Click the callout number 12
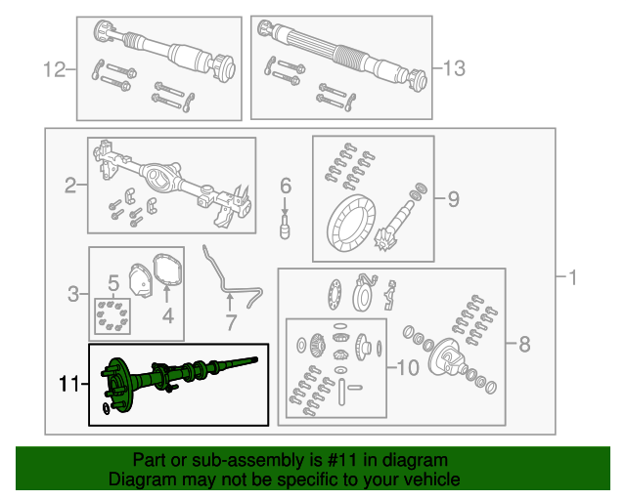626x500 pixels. pyautogui.click(x=54, y=69)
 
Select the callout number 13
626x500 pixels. pyautogui.click(x=454, y=68)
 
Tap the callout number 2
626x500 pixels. pyautogui.click(x=70, y=186)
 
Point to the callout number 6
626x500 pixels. pyautogui.click(x=286, y=186)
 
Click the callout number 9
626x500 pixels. pyautogui.click(x=453, y=198)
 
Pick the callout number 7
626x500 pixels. pyautogui.click(x=231, y=322)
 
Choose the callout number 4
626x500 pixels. pyautogui.click(x=168, y=315)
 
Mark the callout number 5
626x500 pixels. pyautogui.click(x=113, y=283)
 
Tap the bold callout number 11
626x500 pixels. pyautogui.click(x=68, y=384)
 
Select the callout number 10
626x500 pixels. pyautogui.click(x=408, y=367)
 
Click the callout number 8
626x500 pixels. pyautogui.click(x=524, y=344)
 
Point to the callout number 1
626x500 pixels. pyautogui.click(x=573, y=277)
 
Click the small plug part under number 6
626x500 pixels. pyautogui.click(x=285, y=228)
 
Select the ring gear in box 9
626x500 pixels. pyautogui.click(x=351, y=224)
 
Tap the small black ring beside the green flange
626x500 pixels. pyautogui.click(x=106, y=409)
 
